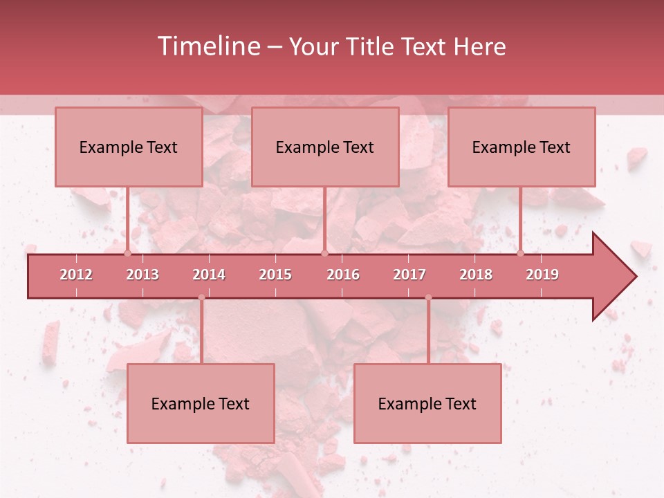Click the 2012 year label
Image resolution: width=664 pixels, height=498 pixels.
point(76,275)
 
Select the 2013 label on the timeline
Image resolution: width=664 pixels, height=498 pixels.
point(142,275)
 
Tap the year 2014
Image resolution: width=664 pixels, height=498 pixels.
point(209,275)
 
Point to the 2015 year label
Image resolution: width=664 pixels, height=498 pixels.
point(275,275)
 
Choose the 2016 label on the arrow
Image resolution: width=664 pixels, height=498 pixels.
point(343,275)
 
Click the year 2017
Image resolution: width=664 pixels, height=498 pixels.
point(409,275)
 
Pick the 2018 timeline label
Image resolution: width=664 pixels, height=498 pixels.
point(476,275)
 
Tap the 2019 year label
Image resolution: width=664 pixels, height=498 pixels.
point(542,275)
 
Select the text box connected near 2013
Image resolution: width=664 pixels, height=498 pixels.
point(129,147)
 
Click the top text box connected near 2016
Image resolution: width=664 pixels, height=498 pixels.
point(325,147)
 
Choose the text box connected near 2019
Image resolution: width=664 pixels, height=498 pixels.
point(522,147)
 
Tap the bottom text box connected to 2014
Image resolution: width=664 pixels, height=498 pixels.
point(201,403)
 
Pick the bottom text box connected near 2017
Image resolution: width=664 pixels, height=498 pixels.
point(427,403)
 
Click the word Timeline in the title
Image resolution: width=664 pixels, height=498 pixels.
point(207,46)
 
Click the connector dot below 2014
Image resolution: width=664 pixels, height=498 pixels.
point(201,297)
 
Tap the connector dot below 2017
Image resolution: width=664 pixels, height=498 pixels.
point(428,297)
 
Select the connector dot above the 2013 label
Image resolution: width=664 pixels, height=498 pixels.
point(127,253)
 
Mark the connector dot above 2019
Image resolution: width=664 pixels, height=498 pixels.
point(520,253)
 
